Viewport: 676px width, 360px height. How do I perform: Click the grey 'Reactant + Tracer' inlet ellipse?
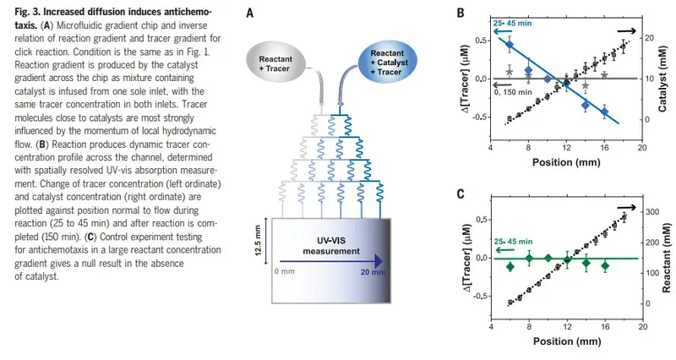pyautogui.click(x=275, y=64)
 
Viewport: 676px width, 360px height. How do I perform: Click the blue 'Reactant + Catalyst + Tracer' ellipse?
pyautogui.click(x=388, y=62)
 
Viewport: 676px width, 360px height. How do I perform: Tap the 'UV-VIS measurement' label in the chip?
pyautogui.click(x=331, y=246)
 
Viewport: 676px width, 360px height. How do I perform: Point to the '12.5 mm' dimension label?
pyautogui.click(x=258, y=240)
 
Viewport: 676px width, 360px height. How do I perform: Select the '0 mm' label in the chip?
pyautogui.click(x=285, y=271)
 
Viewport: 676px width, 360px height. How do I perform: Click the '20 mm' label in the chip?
pyautogui.click(x=373, y=272)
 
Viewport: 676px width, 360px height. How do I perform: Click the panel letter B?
pyautogui.click(x=461, y=13)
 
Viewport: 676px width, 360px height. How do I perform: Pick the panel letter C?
pyautogui.click(x=461, y=194)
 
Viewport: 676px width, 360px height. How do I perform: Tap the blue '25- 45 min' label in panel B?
pyautogui.click(x=513, y=23)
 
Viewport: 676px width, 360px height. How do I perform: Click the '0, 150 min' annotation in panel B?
pyautogui.click(x=513, y=92)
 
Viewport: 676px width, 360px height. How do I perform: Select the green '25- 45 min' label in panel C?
pyautogui.click(x=513, y=242)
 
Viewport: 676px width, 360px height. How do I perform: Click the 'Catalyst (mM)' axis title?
pyautogui.click(x=663, y=79)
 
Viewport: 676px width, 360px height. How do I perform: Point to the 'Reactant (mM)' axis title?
pyautogui.click(x=667, y=258)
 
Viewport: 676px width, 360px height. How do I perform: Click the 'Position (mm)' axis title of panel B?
pyautogui.click(x=566, y=162)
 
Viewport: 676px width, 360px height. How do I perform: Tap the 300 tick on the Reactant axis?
pyautogui.click(x=653, y=211)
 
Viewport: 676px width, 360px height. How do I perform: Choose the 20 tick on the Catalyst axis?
pyautogui.click(x=649, y=38)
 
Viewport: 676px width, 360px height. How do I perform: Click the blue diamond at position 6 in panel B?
pyautogui.click(x=510, y=44)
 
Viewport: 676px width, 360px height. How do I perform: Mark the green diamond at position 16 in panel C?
pyautogui.click(x=605, y=266)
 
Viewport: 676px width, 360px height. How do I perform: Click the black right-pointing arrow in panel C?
pyautogui.click(x=626, y=208)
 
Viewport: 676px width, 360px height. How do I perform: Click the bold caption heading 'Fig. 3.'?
pyautogui.click(x=27, y=12)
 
